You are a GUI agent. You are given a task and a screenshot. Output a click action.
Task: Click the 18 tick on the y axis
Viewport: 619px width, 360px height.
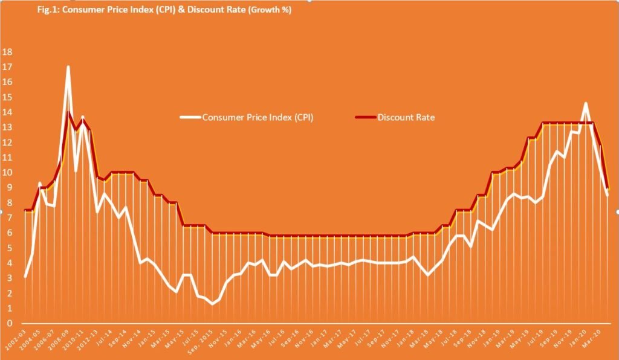7,52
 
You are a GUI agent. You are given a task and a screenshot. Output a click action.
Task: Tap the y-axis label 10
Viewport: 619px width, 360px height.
7,173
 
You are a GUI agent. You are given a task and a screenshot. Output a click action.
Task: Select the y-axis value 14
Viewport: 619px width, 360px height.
7,112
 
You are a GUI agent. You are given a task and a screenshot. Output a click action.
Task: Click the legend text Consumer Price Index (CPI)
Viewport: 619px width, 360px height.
258,117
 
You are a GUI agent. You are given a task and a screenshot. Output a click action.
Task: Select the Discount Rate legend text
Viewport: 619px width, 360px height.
406,117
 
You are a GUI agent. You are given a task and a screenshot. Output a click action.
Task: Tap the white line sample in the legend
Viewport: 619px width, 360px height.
190,117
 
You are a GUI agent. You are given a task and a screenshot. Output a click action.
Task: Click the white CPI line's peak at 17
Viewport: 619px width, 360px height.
68,67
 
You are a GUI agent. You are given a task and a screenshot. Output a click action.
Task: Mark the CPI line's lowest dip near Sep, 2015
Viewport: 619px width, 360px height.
212,304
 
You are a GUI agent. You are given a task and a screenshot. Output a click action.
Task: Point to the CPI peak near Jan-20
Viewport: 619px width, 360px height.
585,103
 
